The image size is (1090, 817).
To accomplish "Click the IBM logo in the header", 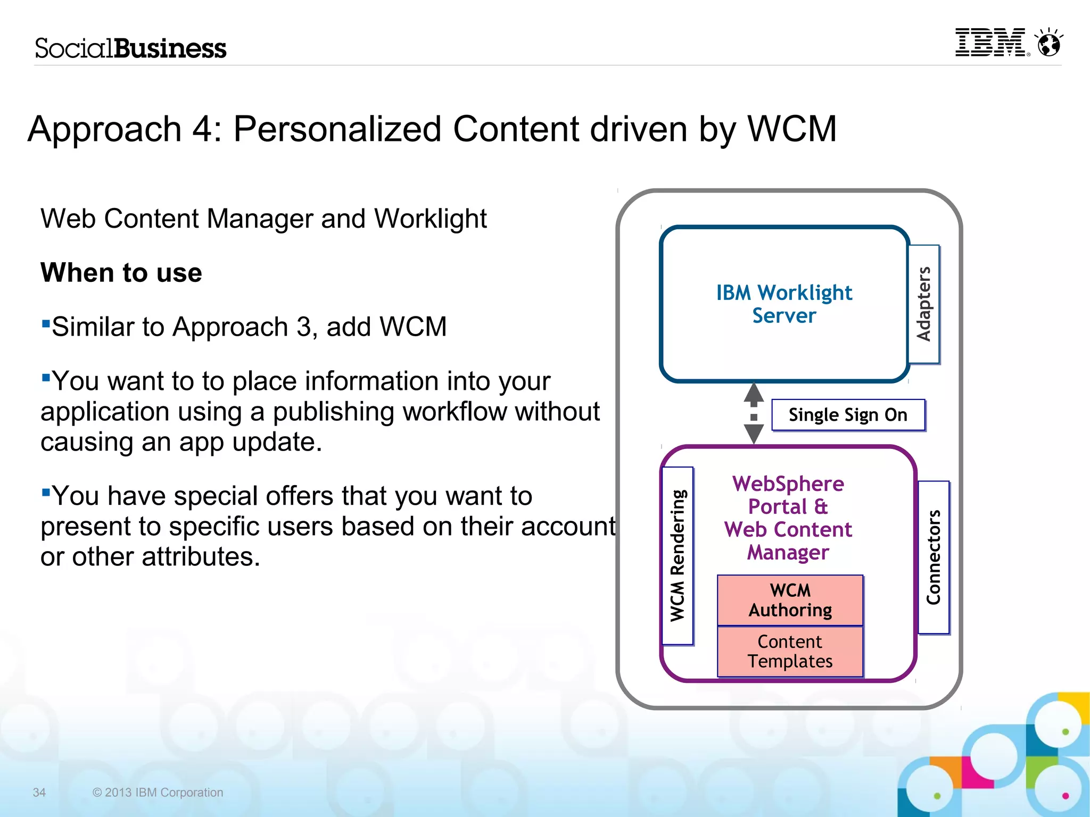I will pos(991,43).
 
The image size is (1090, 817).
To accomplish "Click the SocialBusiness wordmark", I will pos(130,48).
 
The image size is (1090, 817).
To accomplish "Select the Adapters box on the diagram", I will pos(924,304).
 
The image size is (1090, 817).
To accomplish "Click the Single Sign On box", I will pos(848,415).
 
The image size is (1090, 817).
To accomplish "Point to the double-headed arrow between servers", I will pos(754,414).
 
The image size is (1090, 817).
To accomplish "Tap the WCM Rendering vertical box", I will pos(678,555).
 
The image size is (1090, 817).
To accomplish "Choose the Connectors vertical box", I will pos(934,557).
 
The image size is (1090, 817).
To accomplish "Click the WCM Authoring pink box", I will pos(790,600).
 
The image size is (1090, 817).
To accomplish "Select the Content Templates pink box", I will pos(790,652).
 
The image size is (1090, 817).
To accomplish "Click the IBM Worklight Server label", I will pos(784,304).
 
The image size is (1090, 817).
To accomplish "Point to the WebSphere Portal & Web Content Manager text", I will pos(788,518).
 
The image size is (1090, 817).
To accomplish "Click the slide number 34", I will pos(39,793).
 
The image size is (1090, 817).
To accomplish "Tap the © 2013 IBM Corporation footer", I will pos(158,793).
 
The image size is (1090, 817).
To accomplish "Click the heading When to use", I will pos(121,273).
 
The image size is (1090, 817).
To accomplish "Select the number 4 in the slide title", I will pos(203,129).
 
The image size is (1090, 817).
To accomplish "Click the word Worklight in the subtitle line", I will pos(430,219).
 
